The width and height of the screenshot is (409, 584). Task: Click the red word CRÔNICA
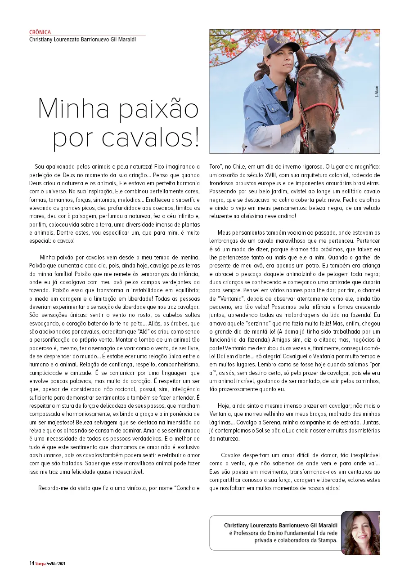pyautogui.click(x=40, y=32)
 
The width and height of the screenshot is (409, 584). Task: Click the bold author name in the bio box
pyautogui.click(x=281, y=525)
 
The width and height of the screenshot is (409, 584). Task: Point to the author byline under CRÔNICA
pyautogui.click(x=82, y=39)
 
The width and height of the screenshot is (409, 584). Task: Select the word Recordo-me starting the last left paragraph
pyautogui.click(x=54, y=488)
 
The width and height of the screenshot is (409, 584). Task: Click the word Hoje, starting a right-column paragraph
pyautogui.click(x=225, y=406)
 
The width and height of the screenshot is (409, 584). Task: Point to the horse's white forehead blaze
pyautogui.click(x=320, y=73)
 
